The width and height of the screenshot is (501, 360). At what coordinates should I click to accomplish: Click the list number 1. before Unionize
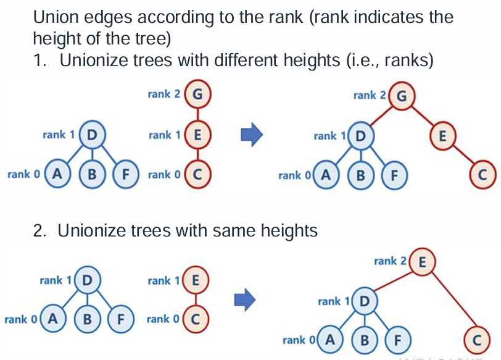click(41, 61)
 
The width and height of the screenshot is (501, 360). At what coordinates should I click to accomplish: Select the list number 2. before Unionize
click(41, 231)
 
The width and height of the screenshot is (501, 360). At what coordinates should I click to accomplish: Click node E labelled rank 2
click(422, 261)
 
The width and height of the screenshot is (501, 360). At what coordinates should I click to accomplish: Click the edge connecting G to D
click(380, 115)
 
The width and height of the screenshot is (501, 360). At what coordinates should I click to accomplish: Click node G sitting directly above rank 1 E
click(197, 94)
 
